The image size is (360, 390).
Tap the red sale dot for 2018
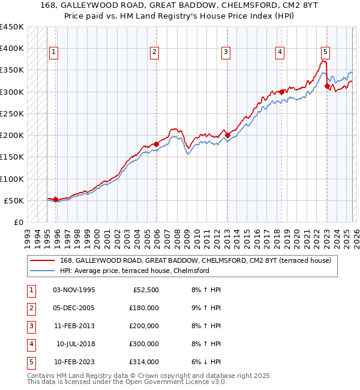pos(281,92)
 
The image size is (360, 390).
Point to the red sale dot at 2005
pos(155,144)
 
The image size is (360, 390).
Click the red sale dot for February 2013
pos(227,136)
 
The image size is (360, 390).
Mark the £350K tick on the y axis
pos(12,70)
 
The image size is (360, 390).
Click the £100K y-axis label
pos(12,179)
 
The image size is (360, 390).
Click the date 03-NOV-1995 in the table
pos(74,290)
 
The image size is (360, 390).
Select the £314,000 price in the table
pos(144,362)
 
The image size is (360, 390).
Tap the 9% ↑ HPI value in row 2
pos(206,308)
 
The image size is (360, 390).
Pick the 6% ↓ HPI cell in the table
pos(206,362)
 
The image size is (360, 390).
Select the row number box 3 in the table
pos(30,326)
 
